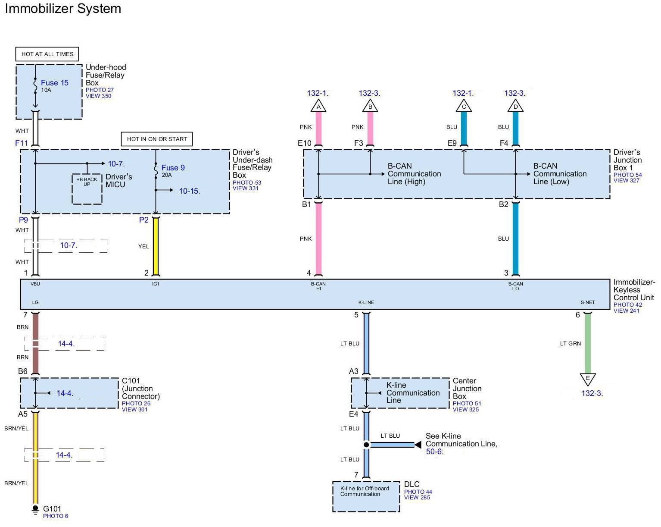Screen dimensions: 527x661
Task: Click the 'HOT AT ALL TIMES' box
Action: (x=47, y=54)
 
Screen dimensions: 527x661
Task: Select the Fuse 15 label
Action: (x=55, y=83)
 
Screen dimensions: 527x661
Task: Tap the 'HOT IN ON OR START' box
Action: (x=157, y=139)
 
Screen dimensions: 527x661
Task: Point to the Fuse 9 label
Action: (x=173, y=168)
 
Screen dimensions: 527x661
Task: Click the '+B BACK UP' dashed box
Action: (x=87, y=188)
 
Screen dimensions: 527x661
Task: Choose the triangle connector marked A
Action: (x=318, y=106)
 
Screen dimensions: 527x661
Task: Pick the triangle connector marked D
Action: (x=515, y=106)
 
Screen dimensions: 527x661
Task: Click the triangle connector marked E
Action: (x=588, y=379)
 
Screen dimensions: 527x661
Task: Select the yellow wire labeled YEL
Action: (x=156, y=246)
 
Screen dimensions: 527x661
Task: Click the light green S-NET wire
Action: (x=588, y=343)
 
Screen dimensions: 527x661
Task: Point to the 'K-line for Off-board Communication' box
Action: (x=366, y=496)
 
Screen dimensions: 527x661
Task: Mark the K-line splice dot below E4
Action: (x=366, y=445)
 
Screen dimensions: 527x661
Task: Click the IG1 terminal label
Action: (x=156, y=284)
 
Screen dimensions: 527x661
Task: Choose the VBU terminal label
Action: (x=35, y=284)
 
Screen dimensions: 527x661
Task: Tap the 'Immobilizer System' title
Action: (x=63, y=9)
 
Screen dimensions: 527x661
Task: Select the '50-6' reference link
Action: (x=433, y=452)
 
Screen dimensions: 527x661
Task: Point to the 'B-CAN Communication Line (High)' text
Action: (x=414, y=174)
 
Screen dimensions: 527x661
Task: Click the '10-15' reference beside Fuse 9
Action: (x=189, y=191)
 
